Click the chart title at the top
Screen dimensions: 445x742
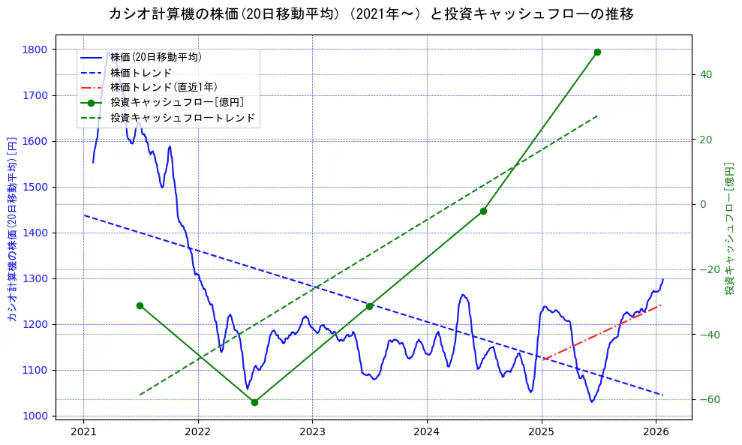371,14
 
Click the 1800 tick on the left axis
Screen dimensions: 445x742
35,50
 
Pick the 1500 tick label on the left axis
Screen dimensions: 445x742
35,187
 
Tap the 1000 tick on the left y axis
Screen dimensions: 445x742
35,416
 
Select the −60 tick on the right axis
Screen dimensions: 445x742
708,399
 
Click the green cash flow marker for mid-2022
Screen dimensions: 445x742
254,402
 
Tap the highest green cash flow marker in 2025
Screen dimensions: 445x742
597,52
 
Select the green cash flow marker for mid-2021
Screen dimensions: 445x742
140,305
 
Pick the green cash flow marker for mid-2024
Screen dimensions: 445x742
483,211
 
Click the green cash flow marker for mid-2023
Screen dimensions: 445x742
369,306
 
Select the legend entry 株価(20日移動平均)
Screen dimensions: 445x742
155,56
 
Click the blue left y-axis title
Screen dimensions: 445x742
11,229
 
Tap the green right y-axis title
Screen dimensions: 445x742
728,229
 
